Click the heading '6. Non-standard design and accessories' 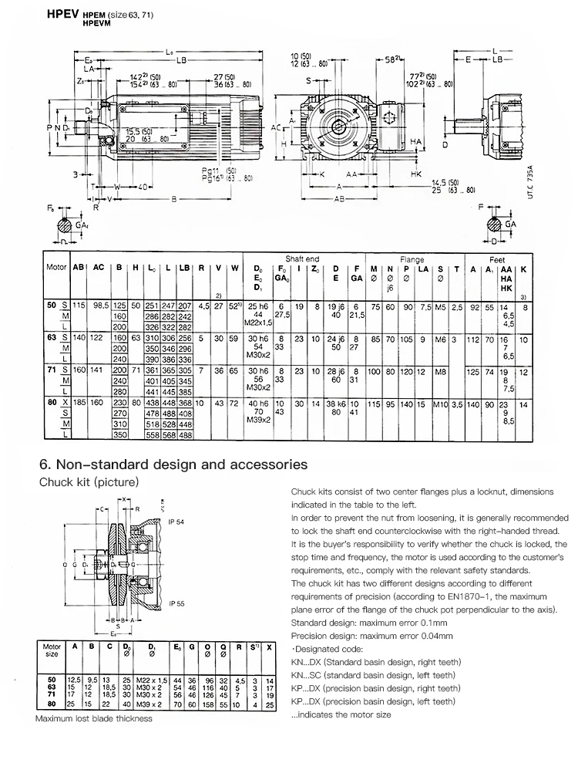click(173, 464)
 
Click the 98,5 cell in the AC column click(101, 306)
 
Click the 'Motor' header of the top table click(57, 267)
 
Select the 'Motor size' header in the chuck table click(52, 650)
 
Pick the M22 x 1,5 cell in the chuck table click(151, 679)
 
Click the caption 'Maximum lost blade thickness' click(93, 718)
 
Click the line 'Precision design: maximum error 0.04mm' click(371, 635)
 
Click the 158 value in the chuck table click(207, 704)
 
